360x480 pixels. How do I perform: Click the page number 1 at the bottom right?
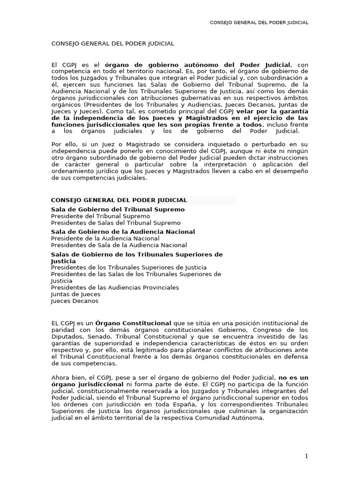(307, 457)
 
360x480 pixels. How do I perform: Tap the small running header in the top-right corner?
(259, 22)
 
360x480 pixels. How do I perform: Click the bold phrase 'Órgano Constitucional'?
(133, 323)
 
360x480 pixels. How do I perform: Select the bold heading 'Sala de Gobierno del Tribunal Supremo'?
(118, 209)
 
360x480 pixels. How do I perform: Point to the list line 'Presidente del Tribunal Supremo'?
(100, 216)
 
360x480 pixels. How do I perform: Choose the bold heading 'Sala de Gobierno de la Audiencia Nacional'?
(123, 232)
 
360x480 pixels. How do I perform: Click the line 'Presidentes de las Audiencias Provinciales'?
(115, 287)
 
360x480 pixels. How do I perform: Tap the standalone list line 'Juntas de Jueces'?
(75, 294)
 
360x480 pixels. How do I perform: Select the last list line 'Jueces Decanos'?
(75, 301)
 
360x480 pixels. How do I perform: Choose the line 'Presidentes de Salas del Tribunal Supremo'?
(115, 223)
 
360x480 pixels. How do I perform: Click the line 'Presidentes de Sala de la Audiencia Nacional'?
(119, 245)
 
